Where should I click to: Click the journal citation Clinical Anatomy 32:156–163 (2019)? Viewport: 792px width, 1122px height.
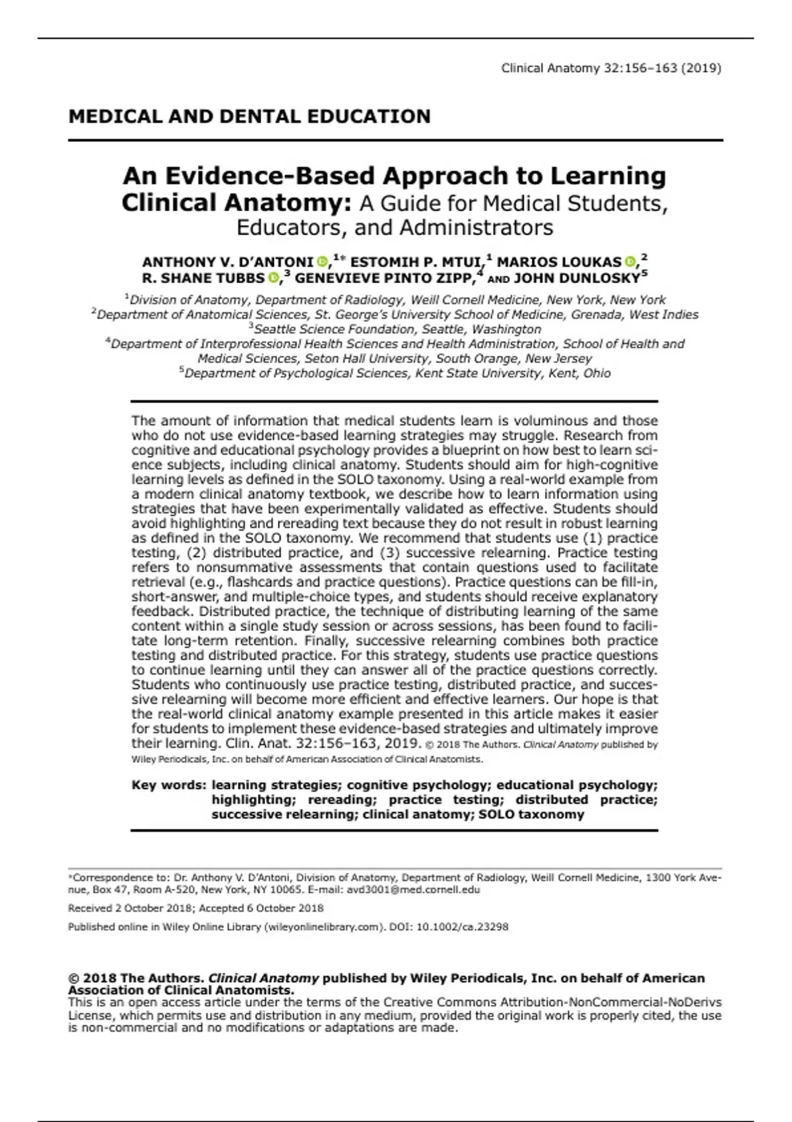pos(610,68)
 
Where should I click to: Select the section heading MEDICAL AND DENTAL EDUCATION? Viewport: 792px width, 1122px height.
pos(249,117)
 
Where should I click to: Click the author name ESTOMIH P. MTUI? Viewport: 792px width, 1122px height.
pos(415,262)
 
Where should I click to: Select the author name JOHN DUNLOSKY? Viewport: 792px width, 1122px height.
pos(577,278)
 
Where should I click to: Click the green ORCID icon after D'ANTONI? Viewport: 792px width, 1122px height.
pos(322,262)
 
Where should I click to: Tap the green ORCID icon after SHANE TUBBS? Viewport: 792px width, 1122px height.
pos(273,278)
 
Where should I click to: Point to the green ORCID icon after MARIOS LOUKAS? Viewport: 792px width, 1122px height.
pos(630,262)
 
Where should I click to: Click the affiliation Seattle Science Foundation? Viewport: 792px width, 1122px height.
pos(337,329)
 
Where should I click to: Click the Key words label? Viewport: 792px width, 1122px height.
pos(169,785)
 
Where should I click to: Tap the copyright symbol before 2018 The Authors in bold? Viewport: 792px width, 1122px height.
pos(73,978)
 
